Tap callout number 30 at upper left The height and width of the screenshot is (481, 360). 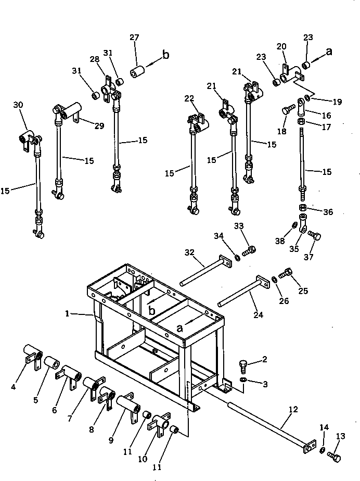pos(18,105)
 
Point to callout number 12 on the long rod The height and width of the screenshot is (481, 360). pos(293,410)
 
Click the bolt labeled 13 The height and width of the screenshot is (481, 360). pos(335,456)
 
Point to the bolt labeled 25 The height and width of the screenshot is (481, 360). pos(286,272)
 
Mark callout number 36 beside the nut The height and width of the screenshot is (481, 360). pos(328,212)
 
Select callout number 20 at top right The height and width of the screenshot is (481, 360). pos(282,46)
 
